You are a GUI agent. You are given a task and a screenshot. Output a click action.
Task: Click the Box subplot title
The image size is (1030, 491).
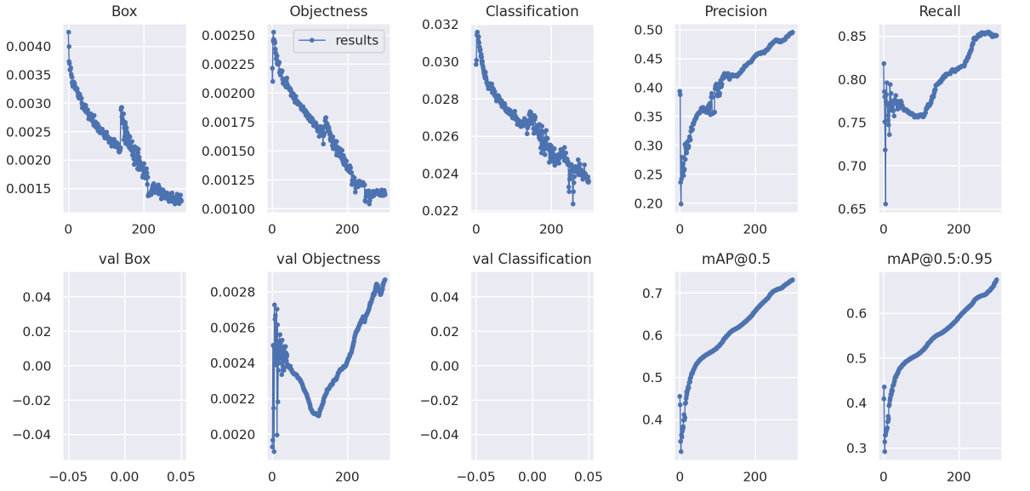125,12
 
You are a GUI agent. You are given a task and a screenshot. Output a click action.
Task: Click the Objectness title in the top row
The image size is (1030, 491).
328,12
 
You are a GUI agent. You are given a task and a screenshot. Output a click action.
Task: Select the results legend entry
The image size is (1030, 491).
356,40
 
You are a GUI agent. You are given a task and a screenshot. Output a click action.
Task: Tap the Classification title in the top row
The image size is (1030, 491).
532,12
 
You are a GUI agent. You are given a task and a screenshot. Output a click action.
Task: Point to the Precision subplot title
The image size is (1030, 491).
736,12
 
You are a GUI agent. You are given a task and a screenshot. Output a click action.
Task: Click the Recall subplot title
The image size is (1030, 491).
939,12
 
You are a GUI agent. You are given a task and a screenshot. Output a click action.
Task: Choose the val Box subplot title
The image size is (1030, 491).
125,259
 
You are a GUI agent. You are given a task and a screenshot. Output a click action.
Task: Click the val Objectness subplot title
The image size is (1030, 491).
328,259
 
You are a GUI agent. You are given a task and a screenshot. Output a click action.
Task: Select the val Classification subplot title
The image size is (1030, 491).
532,259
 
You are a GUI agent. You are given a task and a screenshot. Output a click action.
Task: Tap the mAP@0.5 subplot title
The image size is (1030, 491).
736,259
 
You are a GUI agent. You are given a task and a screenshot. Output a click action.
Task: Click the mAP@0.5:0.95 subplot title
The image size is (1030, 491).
939,259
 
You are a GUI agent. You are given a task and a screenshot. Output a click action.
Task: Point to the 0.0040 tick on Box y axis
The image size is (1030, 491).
30,46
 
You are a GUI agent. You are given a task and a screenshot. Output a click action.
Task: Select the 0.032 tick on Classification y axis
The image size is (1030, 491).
441,25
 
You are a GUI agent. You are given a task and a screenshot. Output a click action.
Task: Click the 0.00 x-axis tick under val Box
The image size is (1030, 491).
125,476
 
